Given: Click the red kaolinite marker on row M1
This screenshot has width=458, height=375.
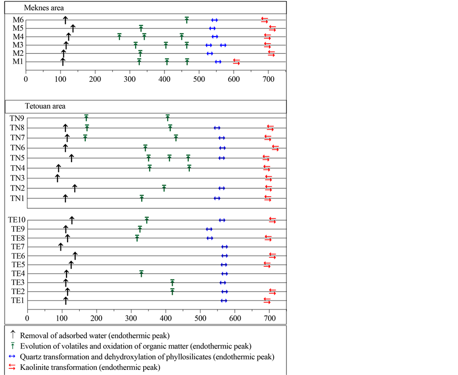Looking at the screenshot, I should pos(237,61).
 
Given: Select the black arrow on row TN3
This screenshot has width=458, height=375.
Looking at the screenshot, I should pos(57,178).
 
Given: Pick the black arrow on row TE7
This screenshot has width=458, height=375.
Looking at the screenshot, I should pos(60,247).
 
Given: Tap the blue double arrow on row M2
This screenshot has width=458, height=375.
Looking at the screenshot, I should pos(210,53).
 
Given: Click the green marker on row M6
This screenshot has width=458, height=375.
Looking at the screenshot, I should pos(187,20).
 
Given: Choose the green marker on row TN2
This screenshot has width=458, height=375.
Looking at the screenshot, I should pos(164,188).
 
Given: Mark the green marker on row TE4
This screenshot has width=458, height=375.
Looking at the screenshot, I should pos(142,273).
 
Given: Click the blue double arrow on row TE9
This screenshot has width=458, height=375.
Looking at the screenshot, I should pos(209,229).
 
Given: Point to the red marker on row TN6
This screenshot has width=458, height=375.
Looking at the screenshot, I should pos(275,148).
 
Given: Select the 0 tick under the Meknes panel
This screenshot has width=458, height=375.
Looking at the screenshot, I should pos(25,79).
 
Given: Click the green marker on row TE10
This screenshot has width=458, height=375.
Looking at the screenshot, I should pos(147,220).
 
